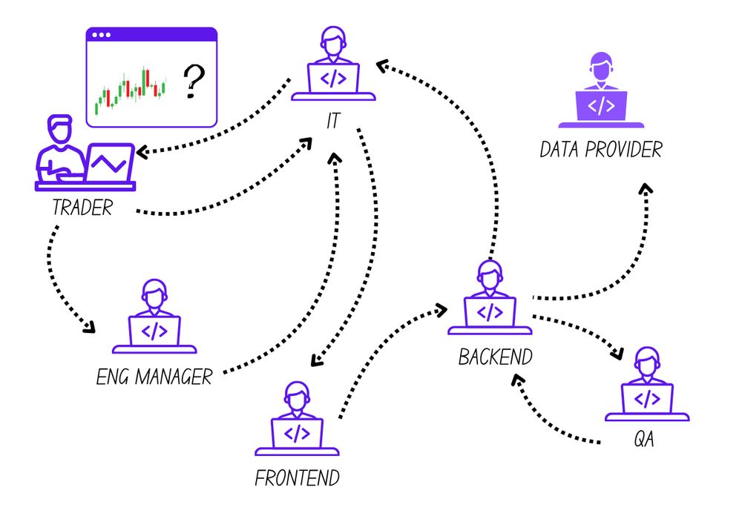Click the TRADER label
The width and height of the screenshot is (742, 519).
point(82,208)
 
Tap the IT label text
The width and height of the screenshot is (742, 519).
point(332,121)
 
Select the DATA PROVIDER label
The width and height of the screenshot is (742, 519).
point(600,150)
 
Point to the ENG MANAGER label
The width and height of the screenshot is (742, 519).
point(154,377)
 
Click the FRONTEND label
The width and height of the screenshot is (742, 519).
point(297,477)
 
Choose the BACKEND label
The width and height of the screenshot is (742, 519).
point(495,357)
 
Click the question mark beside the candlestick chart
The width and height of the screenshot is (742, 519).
point(193,82)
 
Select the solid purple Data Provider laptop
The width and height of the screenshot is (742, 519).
point(601,106)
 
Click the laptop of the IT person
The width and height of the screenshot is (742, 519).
point(333,77)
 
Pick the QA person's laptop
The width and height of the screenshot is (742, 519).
point(647,399)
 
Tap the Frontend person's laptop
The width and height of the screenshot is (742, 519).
point(297,433)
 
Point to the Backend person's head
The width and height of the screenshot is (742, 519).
point(487,277)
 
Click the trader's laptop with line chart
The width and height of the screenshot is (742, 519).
point(109,162)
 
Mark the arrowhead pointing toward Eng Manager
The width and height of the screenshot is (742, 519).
point(90,327)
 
